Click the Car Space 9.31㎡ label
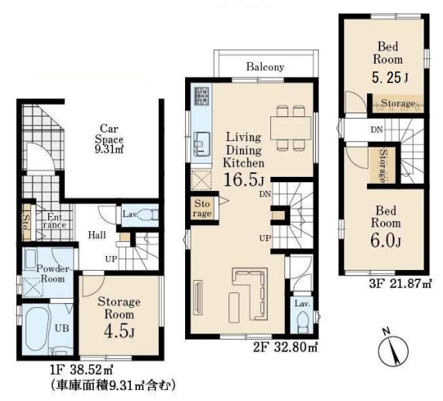pyautogui.click(x=109, y=140)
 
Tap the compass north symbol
pyautogui.click(x=393, y=350)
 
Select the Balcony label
pyautogui.click(x=265, y=67)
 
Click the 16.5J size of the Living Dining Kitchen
pyautogui.click(x=244, y=180)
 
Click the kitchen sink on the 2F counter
pyautogui.click(x=201, y=144)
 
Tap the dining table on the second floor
pyautogui.click(x=290, y=128)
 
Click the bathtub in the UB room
pyautogui.click(x=36, y=329)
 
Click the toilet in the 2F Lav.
pyautogui.click(x=303, y=322)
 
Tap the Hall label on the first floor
pyautogui.click(x=97, y=235)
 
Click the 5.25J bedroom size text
pyautogui.click(x=390, y=78)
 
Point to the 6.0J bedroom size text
pyautogui.click(x=386, y=241)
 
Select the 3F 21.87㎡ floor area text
pyautogui.click(x=400, y=284)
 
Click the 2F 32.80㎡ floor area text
pyautogui.click(x=285, y=347)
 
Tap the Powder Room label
pyautogui.click(x=53, y=274)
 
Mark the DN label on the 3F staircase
pyautogui.click(x=376, y=130)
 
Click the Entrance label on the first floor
pyautogui.click(x=54, y=221)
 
